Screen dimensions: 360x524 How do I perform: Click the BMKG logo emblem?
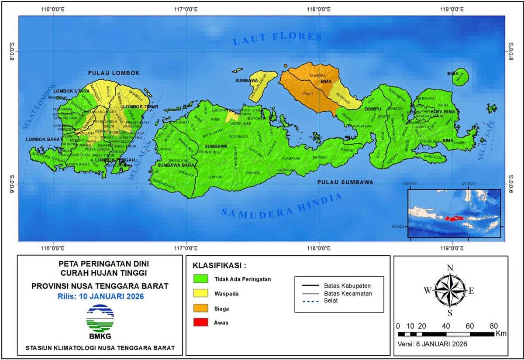coord(100,318)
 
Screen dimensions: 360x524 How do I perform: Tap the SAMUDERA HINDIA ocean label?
coord(282,206)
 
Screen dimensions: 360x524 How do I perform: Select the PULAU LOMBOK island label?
coord(114,73)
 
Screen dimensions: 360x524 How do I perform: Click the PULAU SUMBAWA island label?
coord(345,182)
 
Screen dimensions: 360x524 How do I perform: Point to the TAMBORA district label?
coord(317,76)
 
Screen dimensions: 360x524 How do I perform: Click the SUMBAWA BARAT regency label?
coord(177,165)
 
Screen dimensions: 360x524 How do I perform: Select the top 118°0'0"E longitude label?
coord(318,9)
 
